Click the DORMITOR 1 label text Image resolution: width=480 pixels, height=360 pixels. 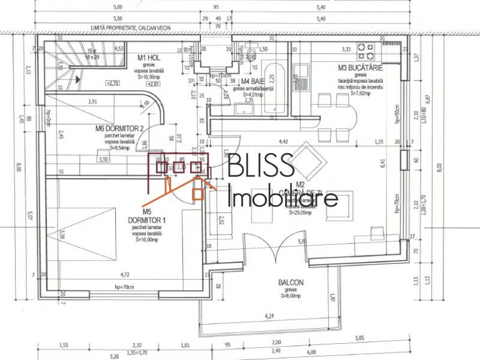click(146, 220)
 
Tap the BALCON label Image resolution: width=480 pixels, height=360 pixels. click(291, 283)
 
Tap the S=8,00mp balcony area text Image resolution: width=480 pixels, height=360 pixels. click(291, 295)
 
